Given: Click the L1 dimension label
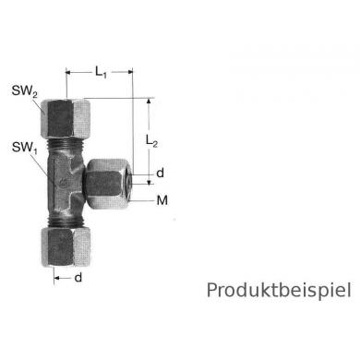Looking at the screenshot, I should [102, 69].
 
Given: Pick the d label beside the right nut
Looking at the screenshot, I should [161, 171].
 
